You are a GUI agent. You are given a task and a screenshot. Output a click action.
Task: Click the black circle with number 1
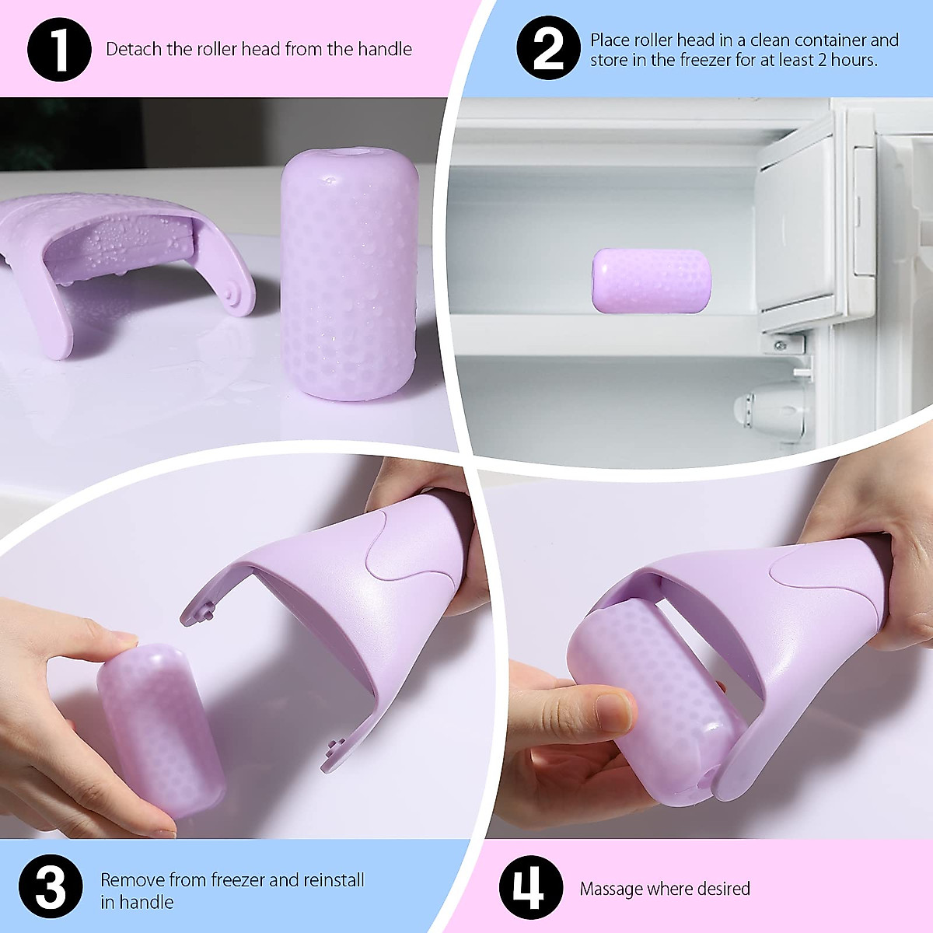click(x=58, y=48)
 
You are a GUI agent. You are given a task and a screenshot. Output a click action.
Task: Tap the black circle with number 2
click(x=548, y=48)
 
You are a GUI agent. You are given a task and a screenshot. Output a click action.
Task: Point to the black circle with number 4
click(x=531, y=889)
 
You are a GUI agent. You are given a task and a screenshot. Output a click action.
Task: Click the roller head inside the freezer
click(x=652, y=280)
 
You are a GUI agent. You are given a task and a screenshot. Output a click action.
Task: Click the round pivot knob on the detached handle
click(x=231, y=294)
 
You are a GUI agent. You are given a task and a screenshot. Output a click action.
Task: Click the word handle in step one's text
click(x=385, y=49)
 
